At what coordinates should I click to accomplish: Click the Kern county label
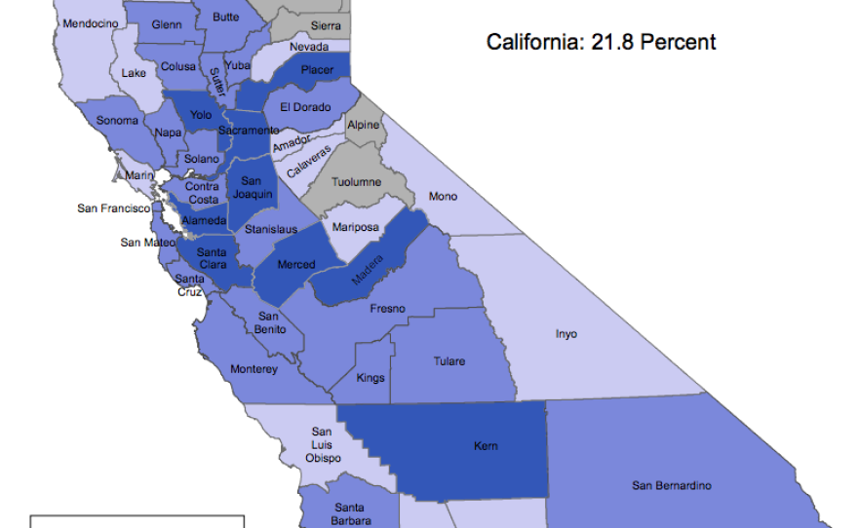click(486, 446)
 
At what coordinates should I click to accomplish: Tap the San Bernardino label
click(671, 485)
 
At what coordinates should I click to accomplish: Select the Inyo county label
click(566, 334)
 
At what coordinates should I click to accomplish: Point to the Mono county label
click(443, 197)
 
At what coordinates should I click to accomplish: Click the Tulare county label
click(448, 361)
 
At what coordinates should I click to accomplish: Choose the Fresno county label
click(387, 309)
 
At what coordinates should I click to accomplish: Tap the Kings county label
click(370, 378)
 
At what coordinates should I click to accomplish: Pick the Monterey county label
click(253, 369)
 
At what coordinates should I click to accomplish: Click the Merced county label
click(296, 265)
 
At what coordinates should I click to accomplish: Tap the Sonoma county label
click(117, 122)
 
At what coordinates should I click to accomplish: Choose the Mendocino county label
click(91, 22)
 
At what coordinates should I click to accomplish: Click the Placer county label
click(317, 70)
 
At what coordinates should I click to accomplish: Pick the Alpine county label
click(364, 126)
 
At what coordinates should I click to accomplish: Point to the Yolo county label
click(201, 115)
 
